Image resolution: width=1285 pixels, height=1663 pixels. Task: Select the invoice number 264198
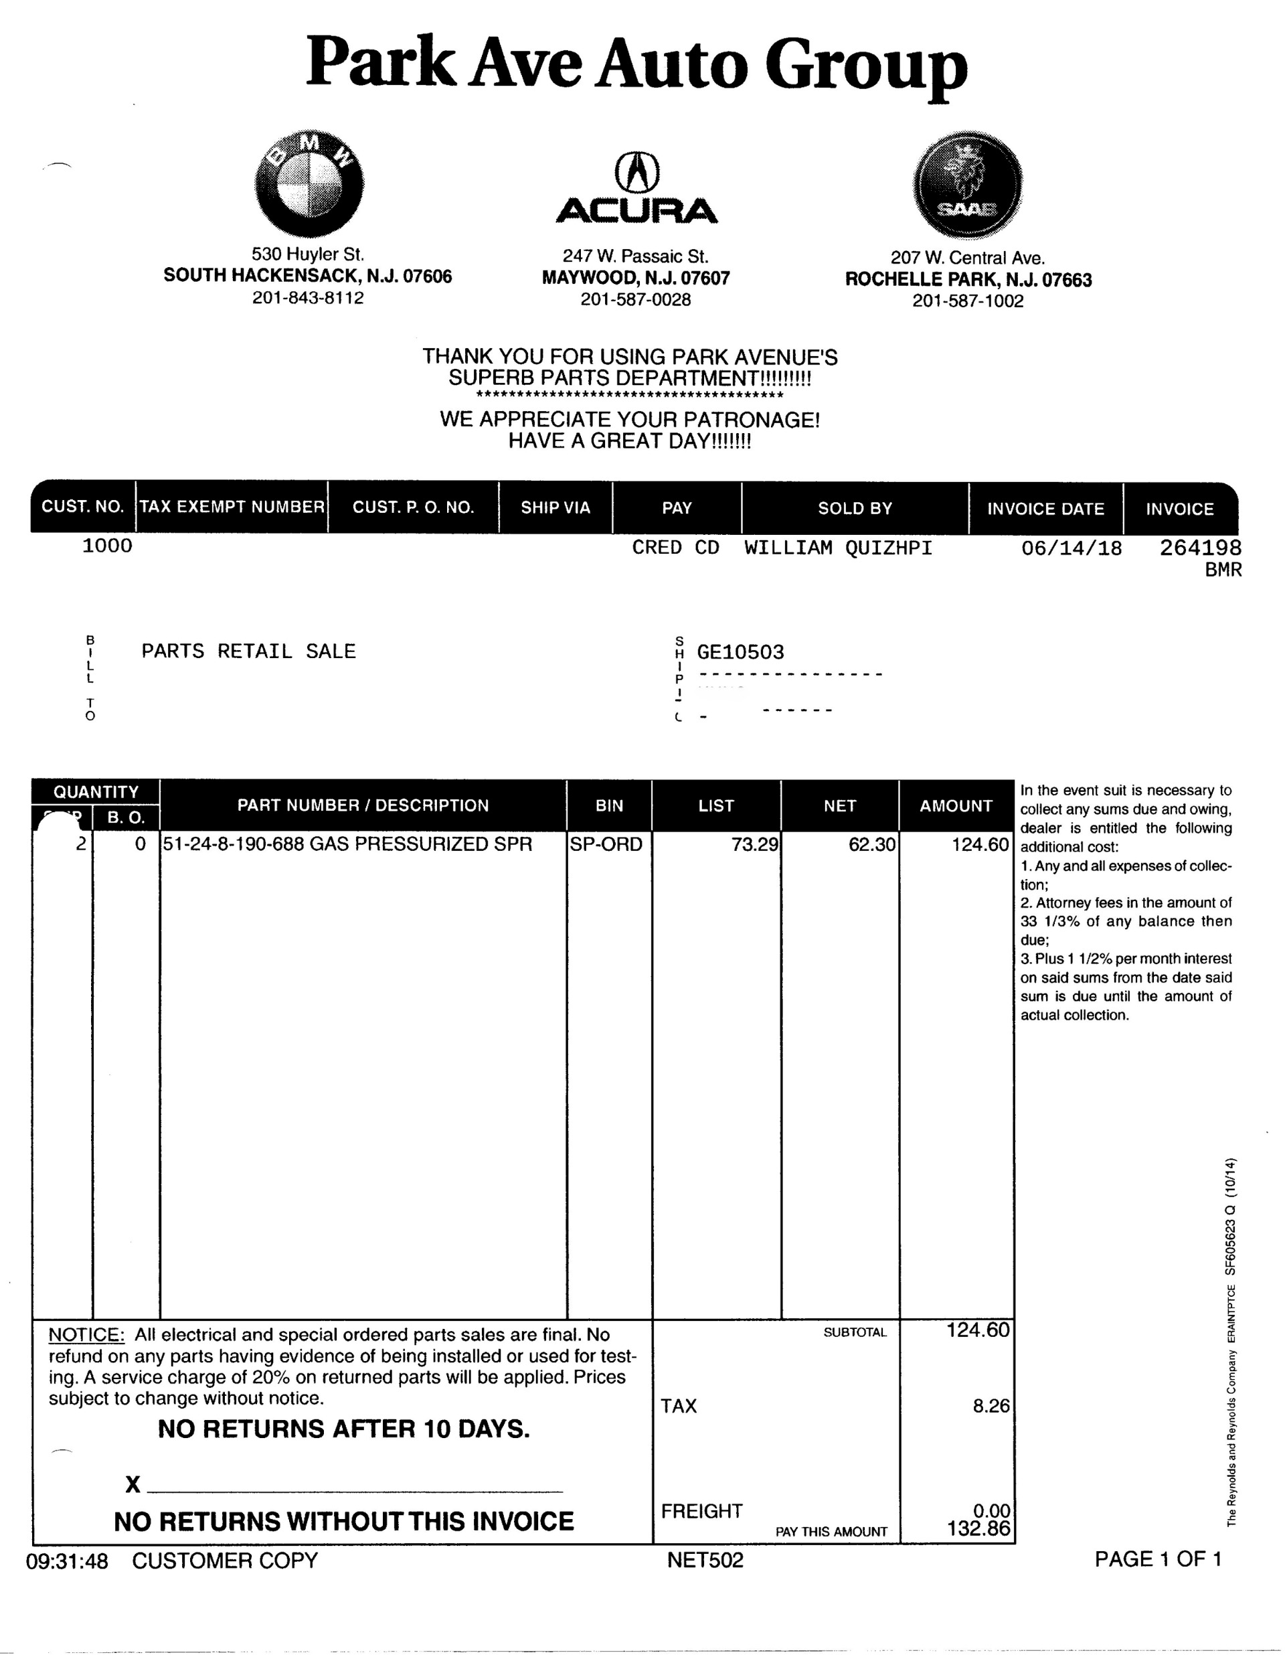(x=1200, y=548)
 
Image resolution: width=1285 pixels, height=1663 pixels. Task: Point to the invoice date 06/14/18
(x=1071, y=548)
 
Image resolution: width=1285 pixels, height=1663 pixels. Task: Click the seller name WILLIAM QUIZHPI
(x=838, y=548)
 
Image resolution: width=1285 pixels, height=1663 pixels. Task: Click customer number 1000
(x=107, y=545)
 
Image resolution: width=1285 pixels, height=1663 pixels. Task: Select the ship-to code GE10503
(x=740, y=652)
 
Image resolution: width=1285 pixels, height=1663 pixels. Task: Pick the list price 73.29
(x=754, y=844)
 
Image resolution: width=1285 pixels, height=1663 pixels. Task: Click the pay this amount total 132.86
(x=978, y=1528)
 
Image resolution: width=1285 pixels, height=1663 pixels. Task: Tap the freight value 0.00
(x=991, y=1510)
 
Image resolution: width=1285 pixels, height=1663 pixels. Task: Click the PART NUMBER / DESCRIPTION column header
(x=362, y=805)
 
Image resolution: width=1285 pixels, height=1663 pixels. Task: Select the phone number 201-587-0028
(x=636, y=300)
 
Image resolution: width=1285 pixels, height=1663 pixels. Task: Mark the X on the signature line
(x=133, y=1484)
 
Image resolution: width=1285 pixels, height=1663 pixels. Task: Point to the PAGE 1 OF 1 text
(x=1158, y=1559)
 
